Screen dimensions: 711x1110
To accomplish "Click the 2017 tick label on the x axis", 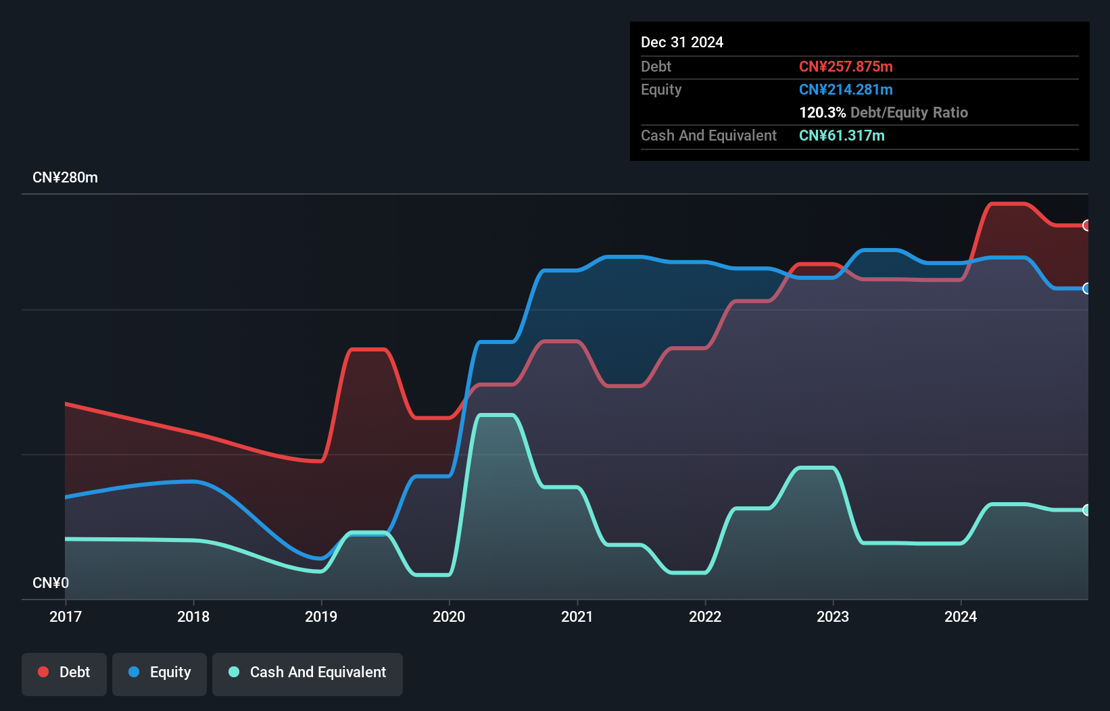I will pos(66,616).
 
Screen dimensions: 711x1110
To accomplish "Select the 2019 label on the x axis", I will pos(321,616).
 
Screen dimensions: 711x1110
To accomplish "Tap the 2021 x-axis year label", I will pos(577,616).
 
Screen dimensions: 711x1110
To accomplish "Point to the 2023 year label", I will pos(833,616).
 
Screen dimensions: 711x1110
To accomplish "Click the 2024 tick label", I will pos(961,616).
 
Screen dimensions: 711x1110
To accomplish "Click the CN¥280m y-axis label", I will pos(65,178).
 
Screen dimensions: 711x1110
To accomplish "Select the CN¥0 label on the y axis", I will pos(51,583).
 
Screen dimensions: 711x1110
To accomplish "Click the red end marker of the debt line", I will pos(1086,226).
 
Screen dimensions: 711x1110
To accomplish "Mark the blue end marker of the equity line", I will pos(1086,289).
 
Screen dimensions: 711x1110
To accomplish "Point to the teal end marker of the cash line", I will pos(1086,510).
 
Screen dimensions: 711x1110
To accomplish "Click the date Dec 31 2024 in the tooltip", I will pos(681,42).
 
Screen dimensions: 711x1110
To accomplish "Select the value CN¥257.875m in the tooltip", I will pos(846,66).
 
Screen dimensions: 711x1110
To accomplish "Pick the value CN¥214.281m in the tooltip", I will pos(846,89).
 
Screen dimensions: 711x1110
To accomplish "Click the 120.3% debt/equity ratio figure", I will pos(822,112).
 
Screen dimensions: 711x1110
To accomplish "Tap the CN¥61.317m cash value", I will pos(842,135).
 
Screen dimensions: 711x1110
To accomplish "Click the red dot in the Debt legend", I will pos(43,672).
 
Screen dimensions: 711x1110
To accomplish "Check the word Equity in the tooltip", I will pos(661,89).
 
